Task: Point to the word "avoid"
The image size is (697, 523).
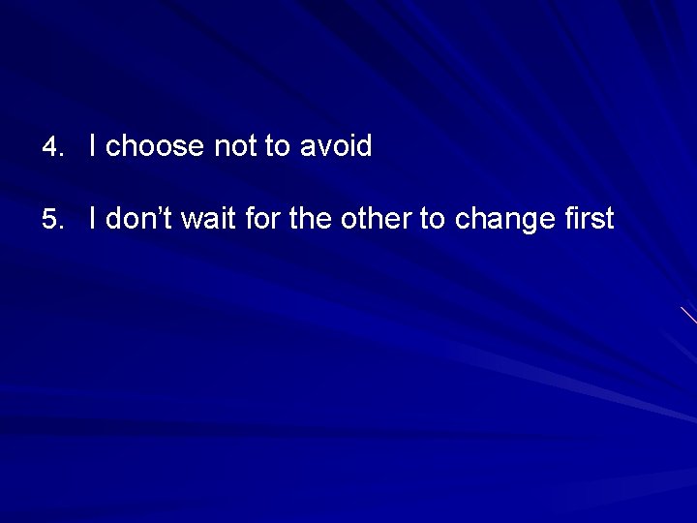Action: coord(335,147)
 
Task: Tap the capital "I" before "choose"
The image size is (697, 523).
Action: coord(92,146)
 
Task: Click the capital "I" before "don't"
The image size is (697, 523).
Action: coord(92,219)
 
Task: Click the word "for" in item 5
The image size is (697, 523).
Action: coord(261,219)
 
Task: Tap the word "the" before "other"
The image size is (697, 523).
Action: coord(309,219)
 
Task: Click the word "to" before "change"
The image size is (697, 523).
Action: coord(431,219)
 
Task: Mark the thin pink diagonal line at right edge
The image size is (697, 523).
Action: coord(688,315)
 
